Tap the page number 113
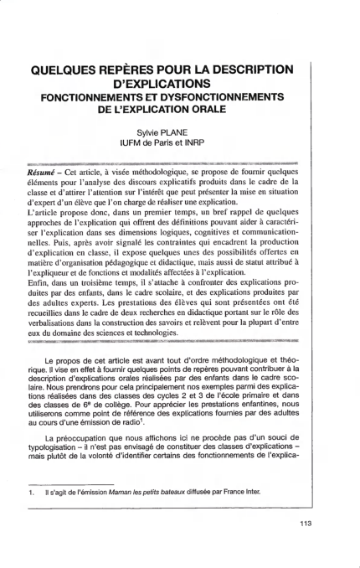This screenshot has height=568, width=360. [304, 526]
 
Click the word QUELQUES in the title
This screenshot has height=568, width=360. [70, 69]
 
